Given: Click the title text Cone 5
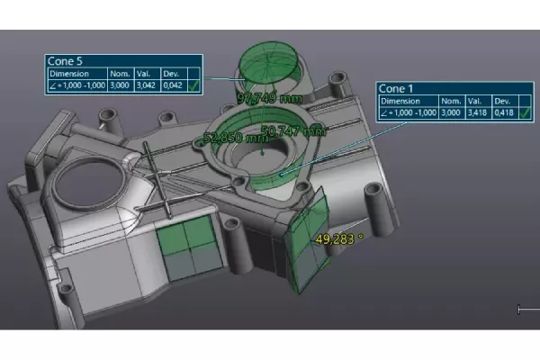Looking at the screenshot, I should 67,61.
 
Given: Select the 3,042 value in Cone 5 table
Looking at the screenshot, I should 148,85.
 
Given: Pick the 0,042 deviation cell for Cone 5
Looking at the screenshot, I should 172,85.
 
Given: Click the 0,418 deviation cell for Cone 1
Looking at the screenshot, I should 505,112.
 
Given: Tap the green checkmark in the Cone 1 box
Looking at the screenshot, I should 527,112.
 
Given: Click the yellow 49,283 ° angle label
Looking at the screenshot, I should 339,239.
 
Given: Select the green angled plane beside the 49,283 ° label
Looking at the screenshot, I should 306,243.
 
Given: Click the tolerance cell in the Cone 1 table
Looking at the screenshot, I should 411,112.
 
